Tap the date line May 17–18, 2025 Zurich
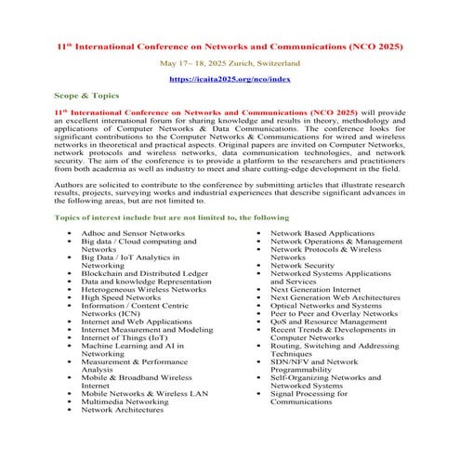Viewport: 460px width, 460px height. (x=230, y=63)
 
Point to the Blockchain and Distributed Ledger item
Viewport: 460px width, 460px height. (x=144, y=273)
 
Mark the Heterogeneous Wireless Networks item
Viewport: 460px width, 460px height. (x=143, y=290)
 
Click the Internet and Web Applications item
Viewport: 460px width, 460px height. (x=137, y=322)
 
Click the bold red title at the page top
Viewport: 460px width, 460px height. (x=230, y=46)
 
